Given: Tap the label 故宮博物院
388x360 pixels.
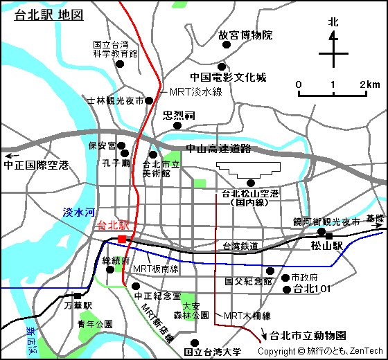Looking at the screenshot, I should [x=245, y=35].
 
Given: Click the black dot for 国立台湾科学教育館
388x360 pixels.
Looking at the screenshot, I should [x=119, y=64].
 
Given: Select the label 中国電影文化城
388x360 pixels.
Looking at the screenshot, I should [x=228, y=78].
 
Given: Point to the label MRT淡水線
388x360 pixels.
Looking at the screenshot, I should [x=195, y=92].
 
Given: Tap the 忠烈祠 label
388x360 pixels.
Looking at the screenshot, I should [x=179, y=114].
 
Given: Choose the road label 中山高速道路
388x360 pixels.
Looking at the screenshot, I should [x=218, y=149].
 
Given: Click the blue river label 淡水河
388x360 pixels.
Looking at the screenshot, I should [x=78, y=213].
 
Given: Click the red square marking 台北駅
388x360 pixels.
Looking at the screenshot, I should [x=122, y=239].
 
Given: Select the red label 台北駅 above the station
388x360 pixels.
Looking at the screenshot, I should [x=114, y=225].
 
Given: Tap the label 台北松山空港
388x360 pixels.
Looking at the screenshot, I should [x=250, y=193].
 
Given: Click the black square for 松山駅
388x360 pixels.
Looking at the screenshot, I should [x=329, y=236].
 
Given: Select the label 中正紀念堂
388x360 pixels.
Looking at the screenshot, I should [x=157, y=296].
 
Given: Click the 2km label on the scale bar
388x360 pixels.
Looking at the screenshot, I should [x=369, y=84].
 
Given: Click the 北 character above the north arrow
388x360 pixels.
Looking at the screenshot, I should [x=333, y=22].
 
